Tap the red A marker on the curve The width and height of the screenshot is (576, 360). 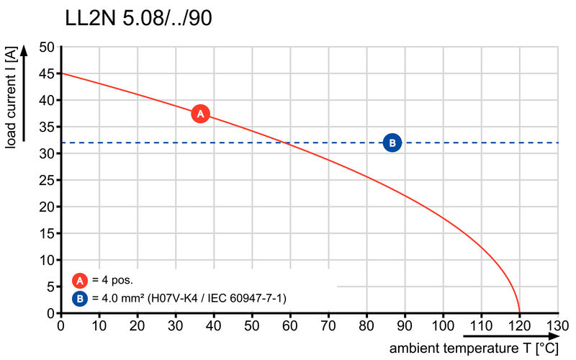(x=200, y=114)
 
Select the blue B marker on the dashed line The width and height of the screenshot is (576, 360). (x=392, y=143)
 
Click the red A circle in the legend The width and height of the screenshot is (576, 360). (x=80, y=281)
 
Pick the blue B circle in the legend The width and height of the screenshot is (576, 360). (x=80, y=297)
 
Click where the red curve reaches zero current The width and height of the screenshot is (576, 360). (x=519, y=312)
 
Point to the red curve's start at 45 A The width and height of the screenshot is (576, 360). (x=62, y=73)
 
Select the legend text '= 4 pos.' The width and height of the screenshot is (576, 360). (x=112, y=281)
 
